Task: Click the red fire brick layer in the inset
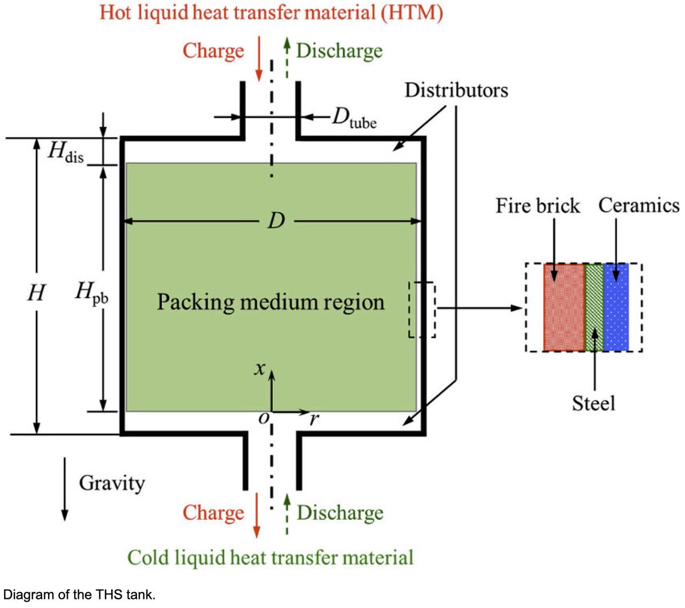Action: [564, 307]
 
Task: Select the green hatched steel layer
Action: [594, 307]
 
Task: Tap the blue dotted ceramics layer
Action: [616, 307]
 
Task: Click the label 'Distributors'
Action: [456, 90]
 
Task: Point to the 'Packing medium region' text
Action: [271, 302]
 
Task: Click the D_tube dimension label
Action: [354, 118]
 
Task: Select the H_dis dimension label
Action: [66, 152]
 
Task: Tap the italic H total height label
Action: [36, 293]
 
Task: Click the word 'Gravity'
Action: [112, 483]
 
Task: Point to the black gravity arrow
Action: [65, 488]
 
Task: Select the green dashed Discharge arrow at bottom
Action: [287, 514]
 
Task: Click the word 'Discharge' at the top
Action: [339, 51]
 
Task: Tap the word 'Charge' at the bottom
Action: [213, 513]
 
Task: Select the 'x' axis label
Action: [260, 369]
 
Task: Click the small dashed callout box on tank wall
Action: [422, 309]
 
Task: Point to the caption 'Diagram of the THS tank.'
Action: [78, 594]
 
